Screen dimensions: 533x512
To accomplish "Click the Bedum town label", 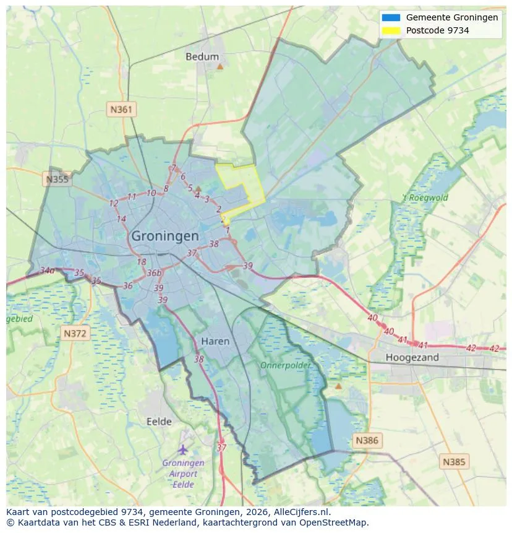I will [x=202, y=56].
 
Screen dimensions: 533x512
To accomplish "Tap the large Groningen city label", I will [x=165, y=236].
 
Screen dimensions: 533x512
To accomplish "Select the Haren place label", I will [x=215, y=341].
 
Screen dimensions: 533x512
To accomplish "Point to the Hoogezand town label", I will [x=412, y=357].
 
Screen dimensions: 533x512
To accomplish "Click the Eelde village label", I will [x=159, y=422].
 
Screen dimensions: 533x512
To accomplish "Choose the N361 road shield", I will [x=121, y=110].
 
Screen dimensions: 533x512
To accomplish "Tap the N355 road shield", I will [x=58, y=180].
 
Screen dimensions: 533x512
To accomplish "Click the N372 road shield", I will [x=76, y=334].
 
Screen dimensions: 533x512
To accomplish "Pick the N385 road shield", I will [x=454, y=461].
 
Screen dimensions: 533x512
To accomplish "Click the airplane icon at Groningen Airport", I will [x=183, y=449].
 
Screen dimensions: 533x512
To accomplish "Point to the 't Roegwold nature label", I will [x=425, y=198].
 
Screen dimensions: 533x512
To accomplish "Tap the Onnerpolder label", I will [x=285, y=365].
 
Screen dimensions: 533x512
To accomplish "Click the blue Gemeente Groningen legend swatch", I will [x=391, y=18].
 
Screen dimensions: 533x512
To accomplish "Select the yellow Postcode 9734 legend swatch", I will [x=391, y=30].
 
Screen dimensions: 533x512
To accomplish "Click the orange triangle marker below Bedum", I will [x=220, y=66].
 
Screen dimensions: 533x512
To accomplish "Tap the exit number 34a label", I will [x=47, y=271].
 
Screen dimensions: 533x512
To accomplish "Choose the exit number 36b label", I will [x=154, y=273].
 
